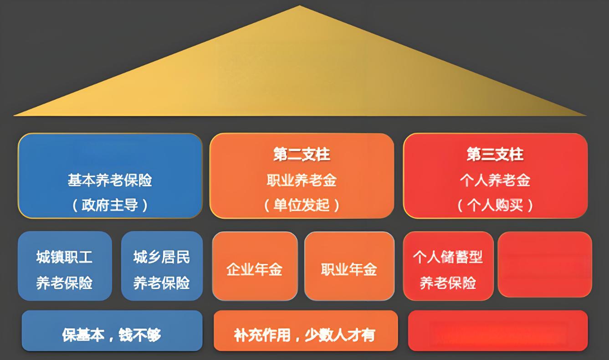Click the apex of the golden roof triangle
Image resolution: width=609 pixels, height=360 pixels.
coord(299,6)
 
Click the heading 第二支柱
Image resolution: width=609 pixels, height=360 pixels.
coord(302,155)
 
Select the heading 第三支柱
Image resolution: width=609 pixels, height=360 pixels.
coord(495,155)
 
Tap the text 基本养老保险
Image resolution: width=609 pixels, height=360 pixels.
coord(110,181)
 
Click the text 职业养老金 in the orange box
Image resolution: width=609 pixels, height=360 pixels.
coord(302,181)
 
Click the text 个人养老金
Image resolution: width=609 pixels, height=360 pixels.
coord(495,181)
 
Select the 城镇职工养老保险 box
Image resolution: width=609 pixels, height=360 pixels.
coord(65,266)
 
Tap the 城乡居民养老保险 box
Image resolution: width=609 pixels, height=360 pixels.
coord(162,266)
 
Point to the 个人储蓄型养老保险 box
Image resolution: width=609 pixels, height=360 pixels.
coord(448,266)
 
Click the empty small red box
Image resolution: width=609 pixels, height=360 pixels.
coord(544,265)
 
